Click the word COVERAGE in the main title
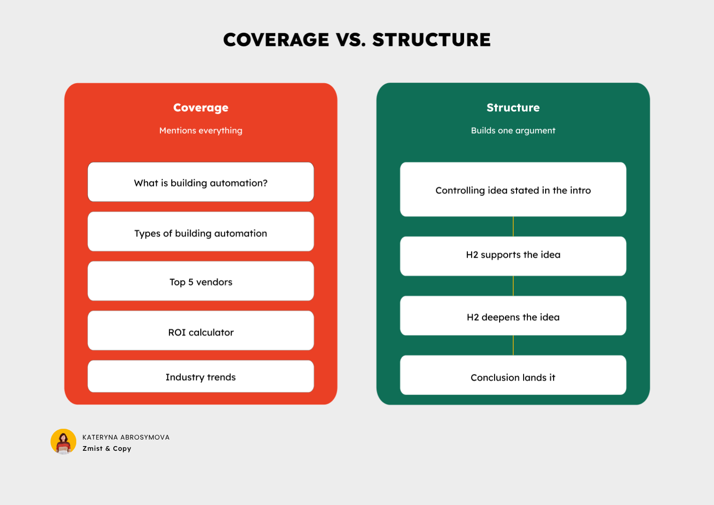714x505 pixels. click(276, 40)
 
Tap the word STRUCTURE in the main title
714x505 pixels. click(431, 40)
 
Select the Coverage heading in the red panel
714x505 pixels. click(201, 108)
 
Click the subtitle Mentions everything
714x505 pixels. click(201, 130)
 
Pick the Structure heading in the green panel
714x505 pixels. click(513, 108)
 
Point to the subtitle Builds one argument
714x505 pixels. click(513, 130)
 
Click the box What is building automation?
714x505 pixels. click(201, 182)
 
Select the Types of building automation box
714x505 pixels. click(201, 232)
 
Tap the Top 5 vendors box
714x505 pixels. click(201, 281)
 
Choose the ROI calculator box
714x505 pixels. click(201, 331)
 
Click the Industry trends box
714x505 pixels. click(201, 376)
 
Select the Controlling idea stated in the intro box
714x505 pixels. click(513, 190)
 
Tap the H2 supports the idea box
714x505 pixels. click(513, 256)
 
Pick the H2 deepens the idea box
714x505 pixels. click(513, 316)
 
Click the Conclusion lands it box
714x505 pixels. click(513, 375)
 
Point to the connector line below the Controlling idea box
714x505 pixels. click(513, 226)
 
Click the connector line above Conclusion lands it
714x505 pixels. click(513, 345)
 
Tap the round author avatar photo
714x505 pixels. click(63, 441)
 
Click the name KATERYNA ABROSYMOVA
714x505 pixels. click(126, 437)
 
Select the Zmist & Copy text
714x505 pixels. click(107, 448)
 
